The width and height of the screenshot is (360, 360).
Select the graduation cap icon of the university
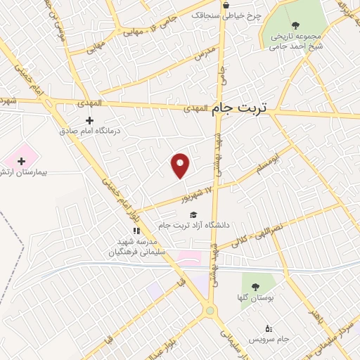[193, 214]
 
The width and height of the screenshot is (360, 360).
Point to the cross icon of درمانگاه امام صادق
[89, 120]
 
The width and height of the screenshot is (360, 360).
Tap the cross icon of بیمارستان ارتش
[22, 161]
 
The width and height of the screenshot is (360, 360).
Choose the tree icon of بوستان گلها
[254, 286]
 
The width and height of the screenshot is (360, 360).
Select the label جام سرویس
[274, 340]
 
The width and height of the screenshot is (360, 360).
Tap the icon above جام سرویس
[268, 328]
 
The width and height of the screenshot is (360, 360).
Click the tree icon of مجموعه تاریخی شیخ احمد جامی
[295, 25]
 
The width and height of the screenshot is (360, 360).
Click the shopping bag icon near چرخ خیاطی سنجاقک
[226, 5]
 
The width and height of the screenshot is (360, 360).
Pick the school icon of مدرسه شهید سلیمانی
[137, 230]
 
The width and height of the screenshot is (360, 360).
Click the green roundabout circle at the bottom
[210, 311]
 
